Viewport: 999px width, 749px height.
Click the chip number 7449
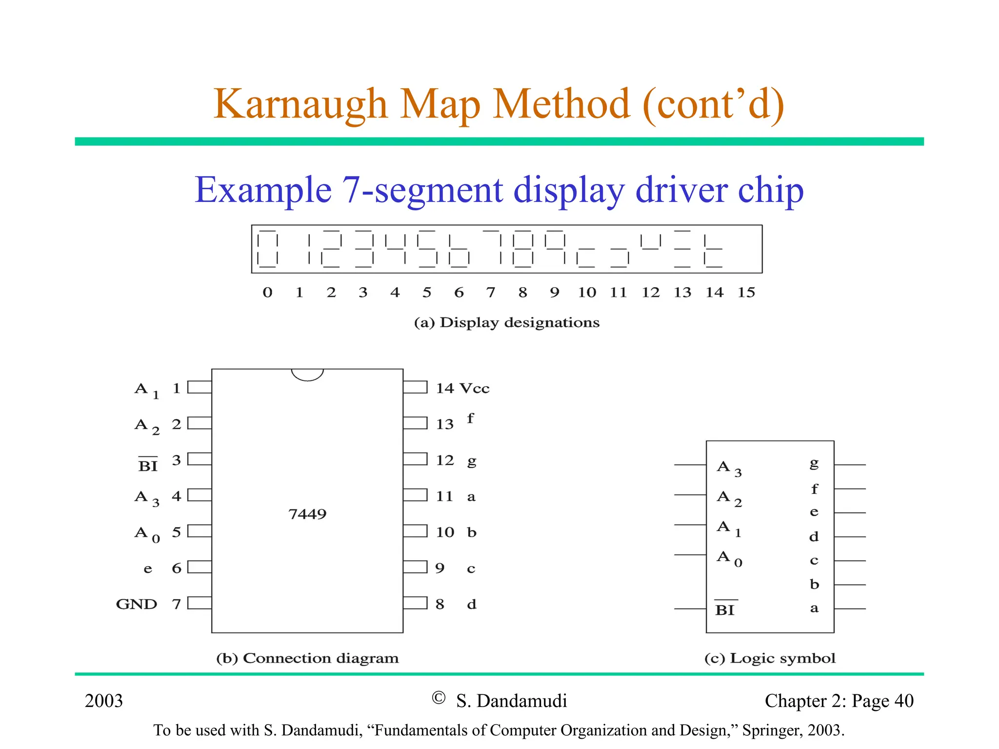(x=307, y=514)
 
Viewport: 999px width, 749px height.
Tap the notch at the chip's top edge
(x=307, y=374)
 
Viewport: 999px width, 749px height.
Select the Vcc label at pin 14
(x=475, y=389)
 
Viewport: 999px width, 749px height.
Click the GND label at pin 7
(x=137, y=604)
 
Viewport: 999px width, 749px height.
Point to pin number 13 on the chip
(x=444, y=424)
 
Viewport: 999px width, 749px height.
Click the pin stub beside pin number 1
(x=200, y=387)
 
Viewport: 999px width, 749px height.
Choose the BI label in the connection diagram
(x=148, y=466)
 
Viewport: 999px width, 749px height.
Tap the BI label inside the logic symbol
(x=725, y=610)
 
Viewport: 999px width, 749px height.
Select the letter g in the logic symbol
(x=814, y=463)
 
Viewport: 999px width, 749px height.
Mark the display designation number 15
(x=746, y=293)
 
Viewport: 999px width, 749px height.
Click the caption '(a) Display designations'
(x=506, y=323)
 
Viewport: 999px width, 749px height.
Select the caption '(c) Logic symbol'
(x=770, y=658)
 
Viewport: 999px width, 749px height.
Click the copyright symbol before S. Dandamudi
(x=439, y=698)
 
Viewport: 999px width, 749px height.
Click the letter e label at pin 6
(x=148, y=569)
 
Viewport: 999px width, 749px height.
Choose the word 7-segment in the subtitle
(x=422, y=190)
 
